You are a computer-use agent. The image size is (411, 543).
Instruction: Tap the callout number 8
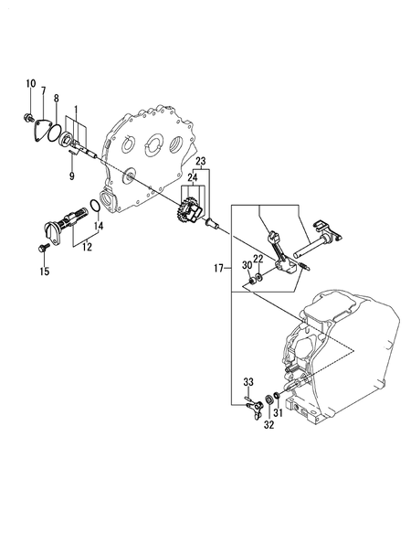point(56,97)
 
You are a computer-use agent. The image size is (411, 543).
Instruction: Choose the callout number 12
point(88,246)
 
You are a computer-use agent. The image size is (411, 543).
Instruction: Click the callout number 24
point(193,176)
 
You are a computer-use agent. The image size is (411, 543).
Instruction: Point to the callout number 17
point(218,270)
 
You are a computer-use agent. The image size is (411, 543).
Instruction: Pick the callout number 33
point(248,380)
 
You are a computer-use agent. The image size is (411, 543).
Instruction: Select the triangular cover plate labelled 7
point(45,129)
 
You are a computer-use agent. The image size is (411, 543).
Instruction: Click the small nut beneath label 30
point(248,278)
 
